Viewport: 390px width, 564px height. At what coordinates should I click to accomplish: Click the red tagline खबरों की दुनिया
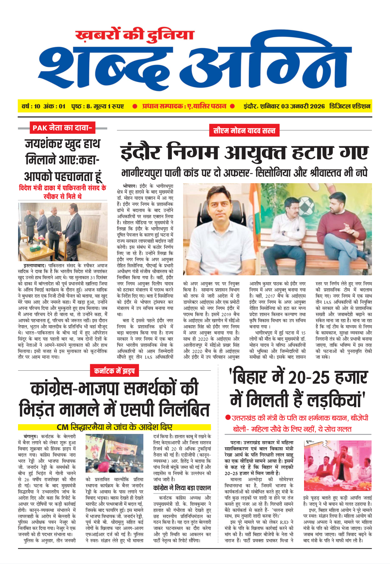click(x=134, y=35)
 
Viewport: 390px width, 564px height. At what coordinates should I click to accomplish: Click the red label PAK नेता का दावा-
click(x=62, y=128)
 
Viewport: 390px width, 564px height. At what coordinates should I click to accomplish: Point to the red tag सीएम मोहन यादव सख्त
click(x=244, y=130)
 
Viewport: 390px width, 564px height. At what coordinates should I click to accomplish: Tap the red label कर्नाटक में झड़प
click(x=114, y=371)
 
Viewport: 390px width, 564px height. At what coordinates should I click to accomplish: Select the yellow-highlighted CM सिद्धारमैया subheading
click(x=114, y=427)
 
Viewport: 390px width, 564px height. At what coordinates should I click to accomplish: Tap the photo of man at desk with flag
click(x=215, y=229)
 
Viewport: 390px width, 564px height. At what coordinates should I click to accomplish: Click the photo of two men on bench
click(x=309, y=229)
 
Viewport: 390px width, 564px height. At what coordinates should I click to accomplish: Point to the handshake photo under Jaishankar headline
click(x=62, y=232)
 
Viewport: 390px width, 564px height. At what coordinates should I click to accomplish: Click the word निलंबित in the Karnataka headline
click(x=175, y=409)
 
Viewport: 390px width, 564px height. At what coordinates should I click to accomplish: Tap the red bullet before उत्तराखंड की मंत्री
click(x=228, y=418)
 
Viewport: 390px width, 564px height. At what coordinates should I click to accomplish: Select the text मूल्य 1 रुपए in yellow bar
click(x=109, y=106)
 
